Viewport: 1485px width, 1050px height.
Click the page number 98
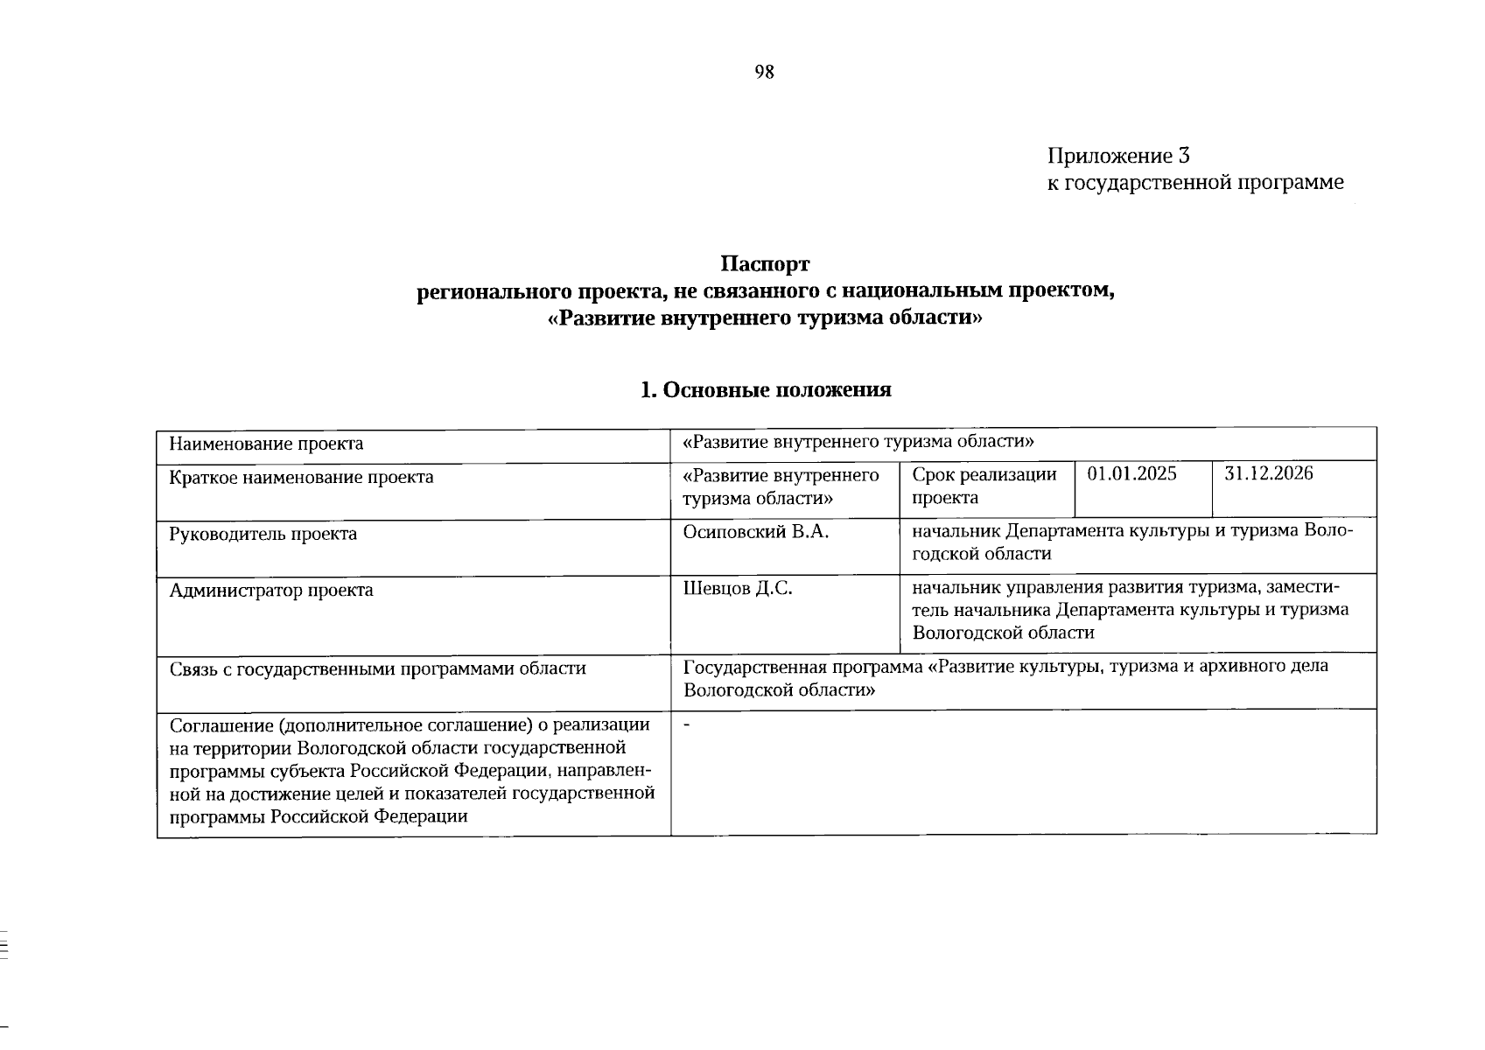764,72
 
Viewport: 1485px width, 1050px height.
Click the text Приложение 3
1119,156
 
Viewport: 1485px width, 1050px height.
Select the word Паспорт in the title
766,263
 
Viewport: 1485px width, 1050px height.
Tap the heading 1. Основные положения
766,389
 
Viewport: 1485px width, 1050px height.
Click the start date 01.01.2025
1131,474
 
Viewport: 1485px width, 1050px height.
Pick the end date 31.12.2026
1269,474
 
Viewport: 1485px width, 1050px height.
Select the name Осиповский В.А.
755,532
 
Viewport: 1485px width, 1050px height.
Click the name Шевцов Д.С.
738,589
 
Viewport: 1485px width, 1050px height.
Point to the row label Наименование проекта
266,444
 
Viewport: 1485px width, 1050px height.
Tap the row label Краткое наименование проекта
301,478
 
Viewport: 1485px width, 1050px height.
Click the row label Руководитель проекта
263,534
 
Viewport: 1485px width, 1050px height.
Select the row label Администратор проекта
271,591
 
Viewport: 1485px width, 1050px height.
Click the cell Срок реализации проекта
984,486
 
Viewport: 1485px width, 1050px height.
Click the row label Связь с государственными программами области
377,669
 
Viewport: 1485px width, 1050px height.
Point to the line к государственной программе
1195,183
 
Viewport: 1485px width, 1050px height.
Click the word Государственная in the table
754,667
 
